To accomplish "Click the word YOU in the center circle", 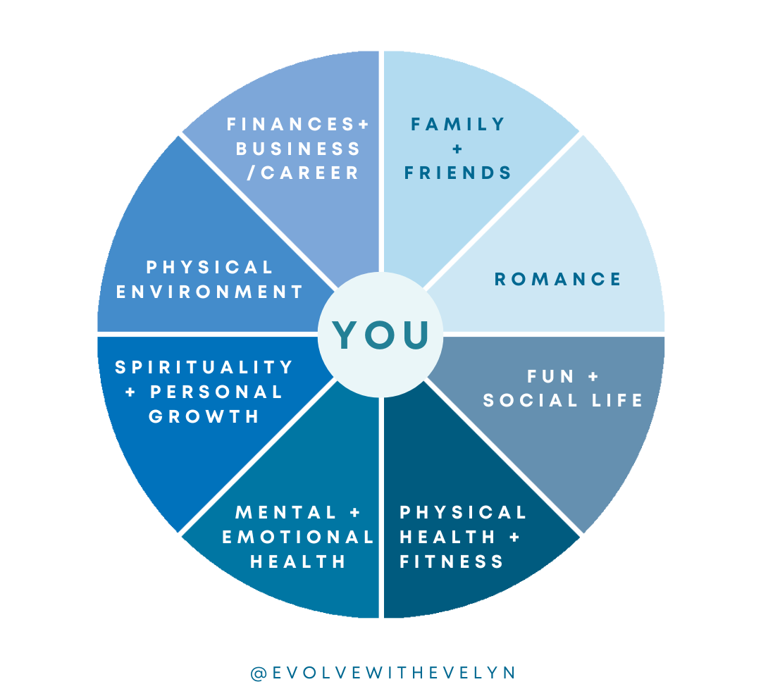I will click(380, 335).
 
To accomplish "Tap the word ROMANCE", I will click(557, 280).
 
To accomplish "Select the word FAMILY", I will click(458, 125).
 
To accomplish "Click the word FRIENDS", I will click(458, 173).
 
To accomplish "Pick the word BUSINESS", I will click(298, 149).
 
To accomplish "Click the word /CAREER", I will click(304, 173).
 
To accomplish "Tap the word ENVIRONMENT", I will click(209, 292).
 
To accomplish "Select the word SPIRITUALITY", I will click(204, 368).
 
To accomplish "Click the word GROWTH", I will click(204, 416).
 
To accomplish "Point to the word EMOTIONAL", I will click(298, 538).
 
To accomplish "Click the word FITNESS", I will click(452, 561).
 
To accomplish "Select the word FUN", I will click(550, 377).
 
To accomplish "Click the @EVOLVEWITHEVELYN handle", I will click(383, 672).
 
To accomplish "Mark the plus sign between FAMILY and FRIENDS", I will click(458, 149).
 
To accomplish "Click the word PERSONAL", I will click(216, 392).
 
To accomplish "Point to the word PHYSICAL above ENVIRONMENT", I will click(209, 268).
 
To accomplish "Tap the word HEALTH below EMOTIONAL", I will click(298, 561).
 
